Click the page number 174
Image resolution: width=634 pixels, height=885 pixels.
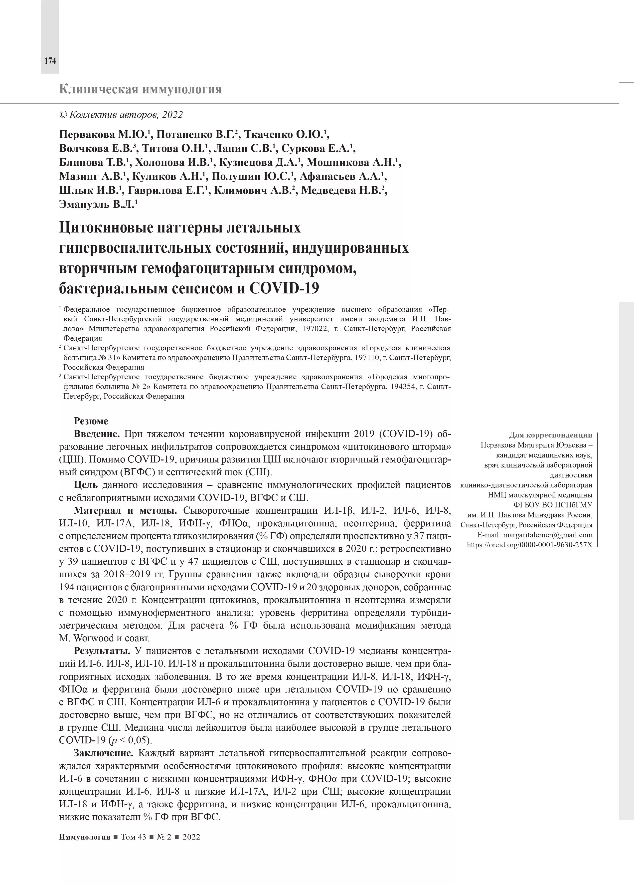point(50,61)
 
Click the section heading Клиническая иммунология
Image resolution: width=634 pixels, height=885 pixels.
point(141,89)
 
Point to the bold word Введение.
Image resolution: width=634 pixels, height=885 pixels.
point(97,434)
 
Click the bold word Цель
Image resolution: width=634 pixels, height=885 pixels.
point(86,485)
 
